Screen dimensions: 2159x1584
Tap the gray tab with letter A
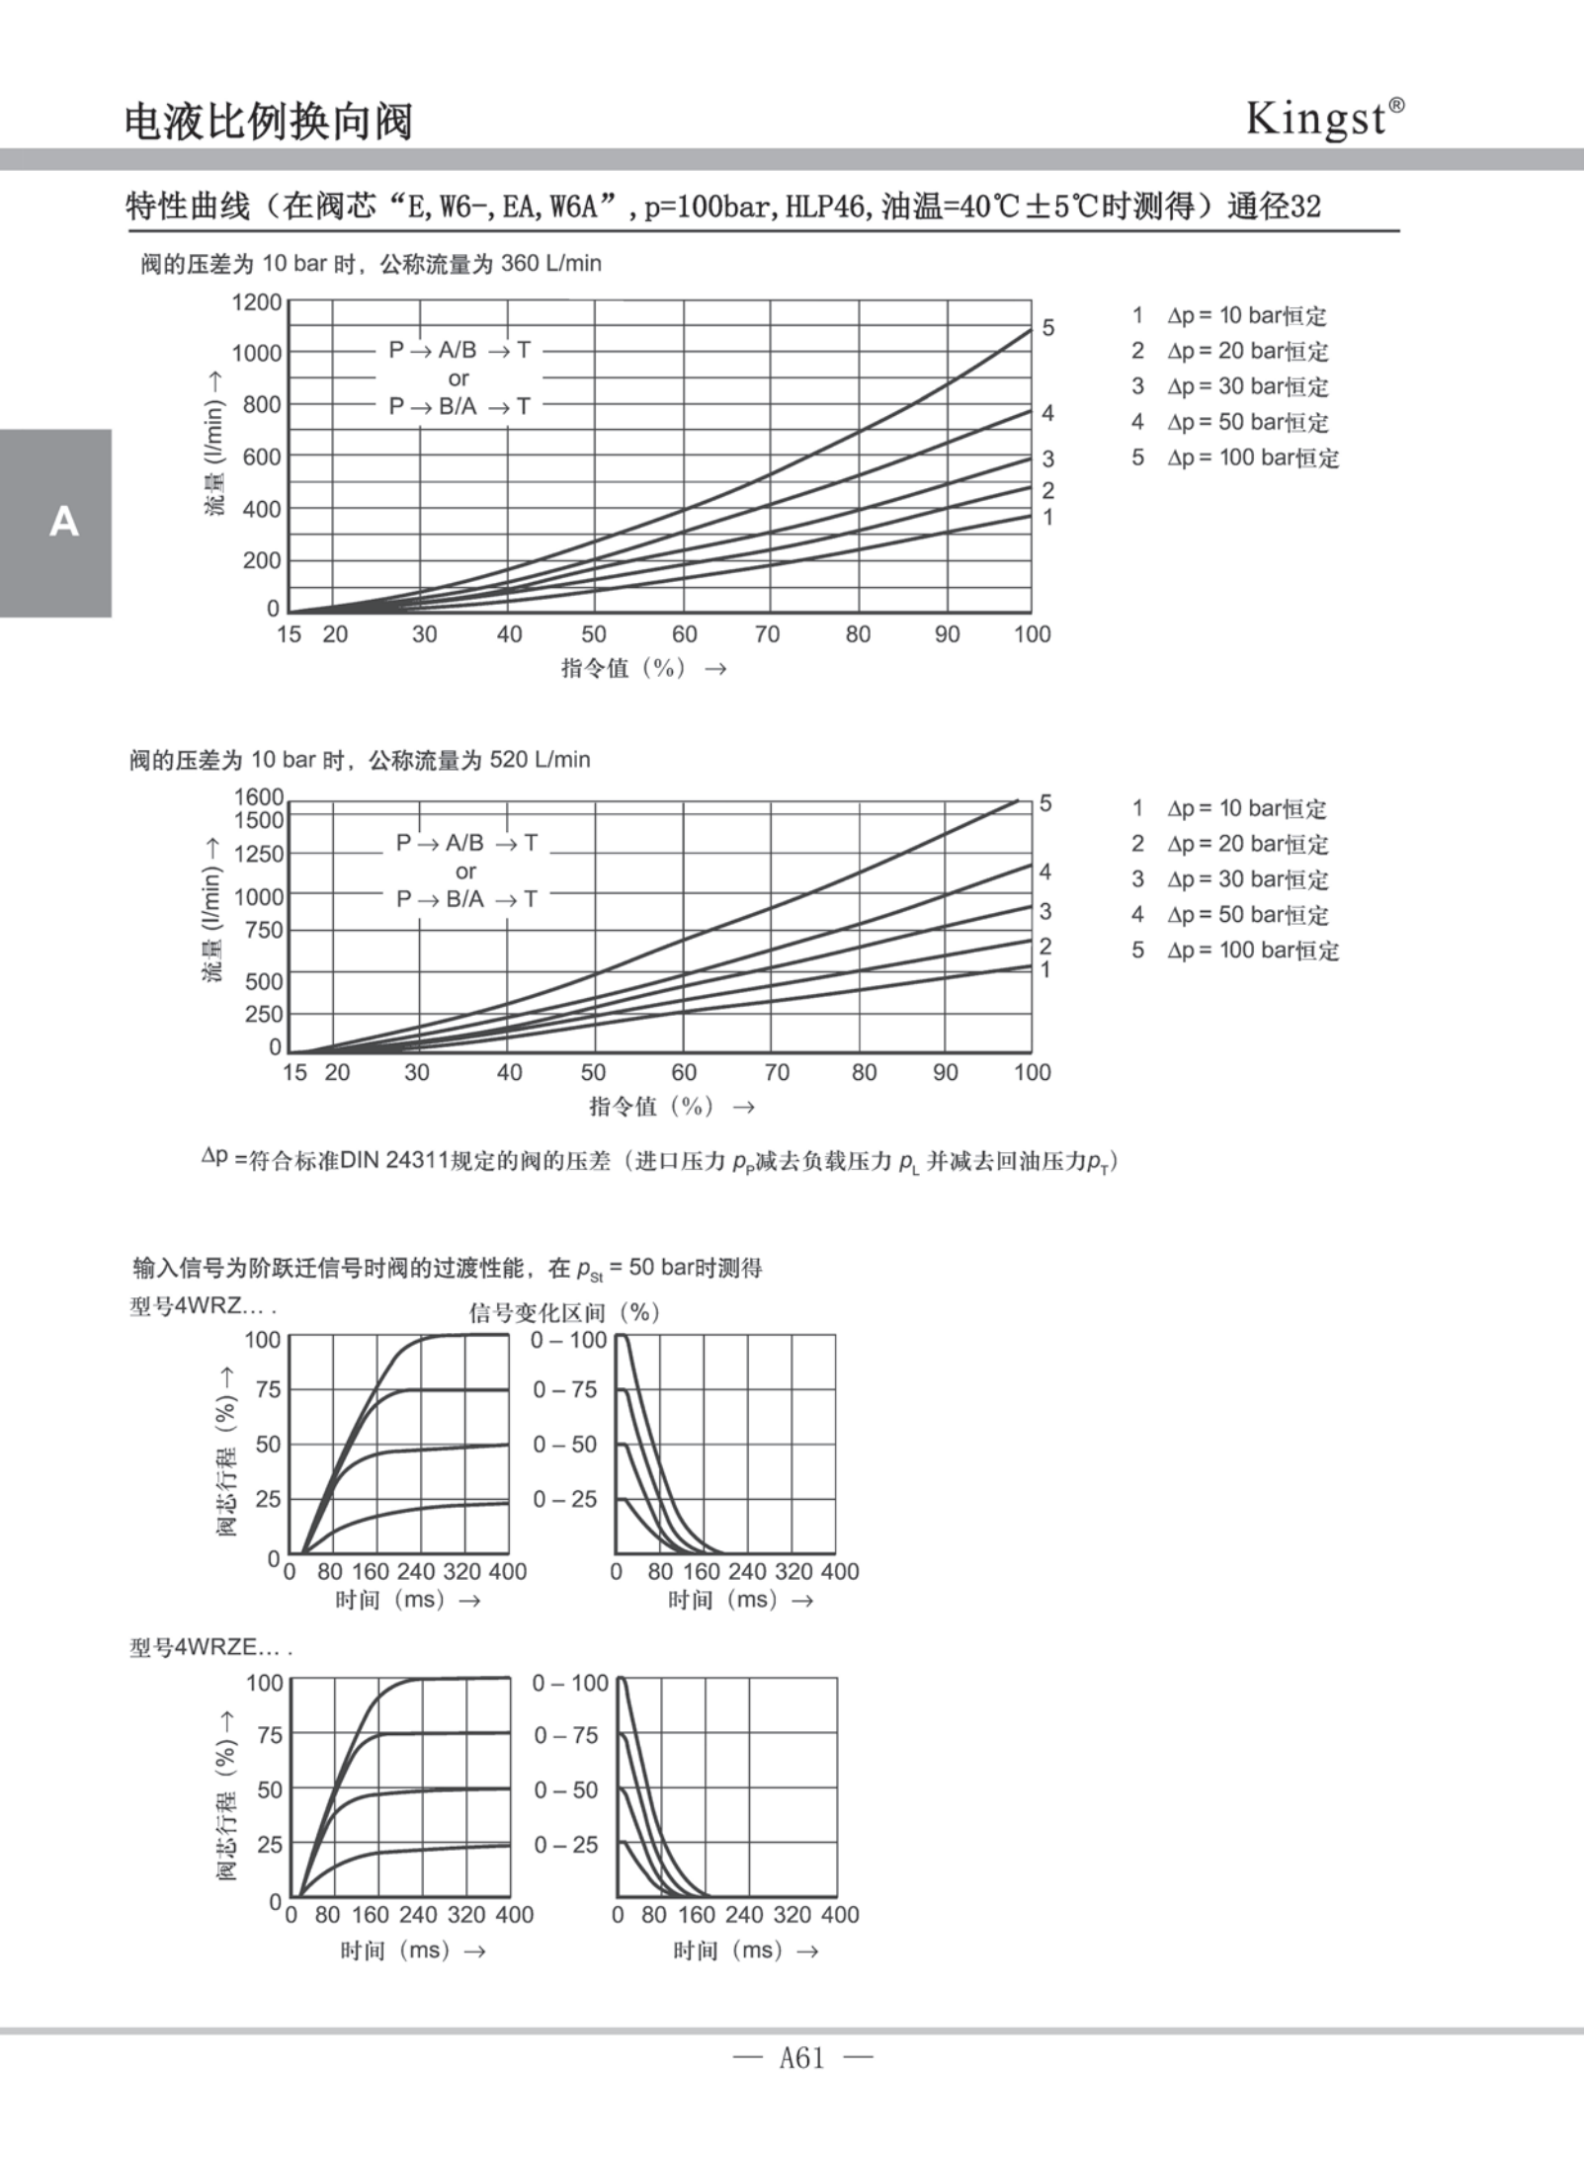coord(55,522)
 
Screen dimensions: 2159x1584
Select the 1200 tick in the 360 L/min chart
coord(257,302)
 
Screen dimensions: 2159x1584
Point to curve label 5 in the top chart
coord(1048,327)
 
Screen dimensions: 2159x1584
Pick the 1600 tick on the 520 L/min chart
coord(259,796)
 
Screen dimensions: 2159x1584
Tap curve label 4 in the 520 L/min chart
coord(1045,872)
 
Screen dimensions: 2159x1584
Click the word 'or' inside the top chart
coord(459,378)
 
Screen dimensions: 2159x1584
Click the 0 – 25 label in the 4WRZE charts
coord(566,1845)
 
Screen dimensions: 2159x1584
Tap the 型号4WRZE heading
coord(210,1647)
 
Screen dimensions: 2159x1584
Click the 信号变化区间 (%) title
coord(564,1312)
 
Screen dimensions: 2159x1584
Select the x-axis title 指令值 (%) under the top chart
coord(624,668)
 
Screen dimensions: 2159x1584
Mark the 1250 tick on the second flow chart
coord(258,854)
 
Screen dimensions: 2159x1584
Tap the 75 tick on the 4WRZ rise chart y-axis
coord(268,1389)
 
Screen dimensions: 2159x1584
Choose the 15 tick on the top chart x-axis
coord(289,634)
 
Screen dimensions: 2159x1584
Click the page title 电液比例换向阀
coord(268,122)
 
